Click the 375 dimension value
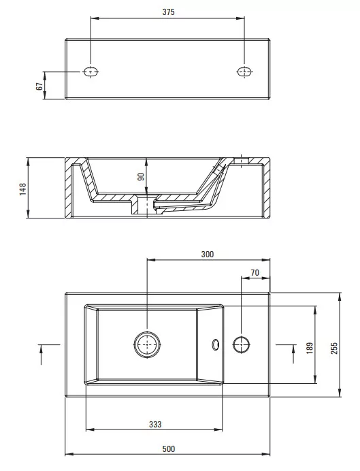[168, 12]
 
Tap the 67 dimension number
[39, 86]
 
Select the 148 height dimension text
[23, 189]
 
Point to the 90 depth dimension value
[141, 177]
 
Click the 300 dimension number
[208, 255]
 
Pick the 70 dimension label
[255, 273]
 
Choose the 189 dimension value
[310, 348]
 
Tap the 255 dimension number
[334, 348]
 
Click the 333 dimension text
[155, 424]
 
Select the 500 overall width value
[169, 449]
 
